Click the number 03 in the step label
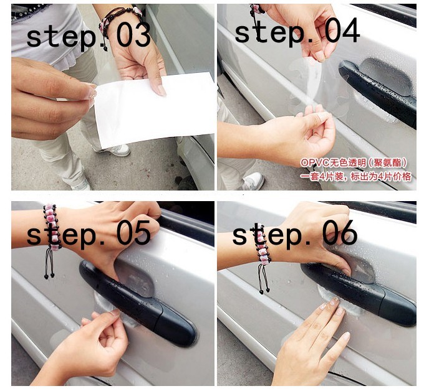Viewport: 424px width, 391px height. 133,35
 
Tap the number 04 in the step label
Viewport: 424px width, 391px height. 342,30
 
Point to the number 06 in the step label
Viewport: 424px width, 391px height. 340,232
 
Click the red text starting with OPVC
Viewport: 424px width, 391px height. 354,163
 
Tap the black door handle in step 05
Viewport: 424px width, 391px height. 138,303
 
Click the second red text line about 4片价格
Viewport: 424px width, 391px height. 356,177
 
